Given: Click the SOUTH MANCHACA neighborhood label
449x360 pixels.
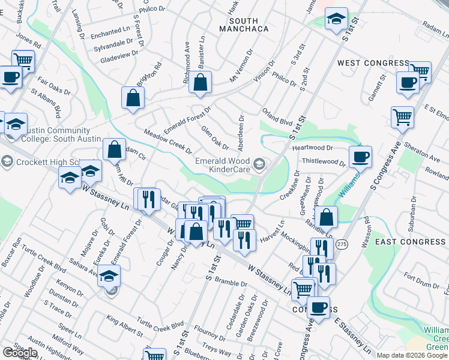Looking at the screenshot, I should [243, 24].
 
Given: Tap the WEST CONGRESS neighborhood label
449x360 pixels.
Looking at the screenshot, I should [373, 63].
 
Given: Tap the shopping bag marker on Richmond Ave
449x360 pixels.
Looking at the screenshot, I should [200, 82].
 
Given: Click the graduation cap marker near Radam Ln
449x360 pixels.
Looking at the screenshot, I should [336, 20].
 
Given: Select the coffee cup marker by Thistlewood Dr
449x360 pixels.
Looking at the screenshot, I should [360, 157].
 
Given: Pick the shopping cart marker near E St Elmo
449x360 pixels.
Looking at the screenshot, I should [402, 116].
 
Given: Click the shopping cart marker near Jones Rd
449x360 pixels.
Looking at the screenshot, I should [23, 61].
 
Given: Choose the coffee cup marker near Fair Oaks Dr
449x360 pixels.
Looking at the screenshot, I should [11, 77].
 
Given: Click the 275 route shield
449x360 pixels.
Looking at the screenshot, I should [342, 244].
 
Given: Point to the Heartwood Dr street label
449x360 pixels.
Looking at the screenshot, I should [313, 148].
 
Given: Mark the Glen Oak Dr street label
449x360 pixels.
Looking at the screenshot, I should [215, 138].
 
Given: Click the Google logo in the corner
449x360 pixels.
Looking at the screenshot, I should [20, 353].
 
